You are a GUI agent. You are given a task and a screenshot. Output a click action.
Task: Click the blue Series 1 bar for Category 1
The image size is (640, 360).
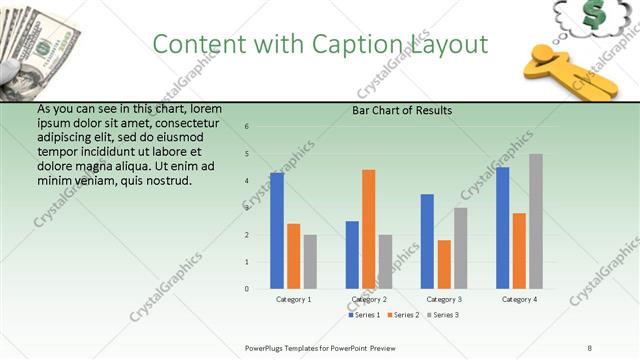pos(277,231)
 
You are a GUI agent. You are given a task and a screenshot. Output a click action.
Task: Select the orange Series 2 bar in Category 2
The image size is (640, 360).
pos(369,229)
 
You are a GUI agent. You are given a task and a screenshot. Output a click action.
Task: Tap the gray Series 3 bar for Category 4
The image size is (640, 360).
pos(536,221)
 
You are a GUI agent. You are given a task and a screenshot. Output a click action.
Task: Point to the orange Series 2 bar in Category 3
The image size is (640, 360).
pos(444,264)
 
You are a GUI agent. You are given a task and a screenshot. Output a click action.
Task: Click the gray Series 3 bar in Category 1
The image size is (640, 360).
pos(310,262)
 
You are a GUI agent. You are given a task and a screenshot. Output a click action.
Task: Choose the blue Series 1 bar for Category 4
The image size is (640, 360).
pos(503,228)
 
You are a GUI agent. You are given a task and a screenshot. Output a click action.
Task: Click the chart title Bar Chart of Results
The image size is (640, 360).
pos(402,110)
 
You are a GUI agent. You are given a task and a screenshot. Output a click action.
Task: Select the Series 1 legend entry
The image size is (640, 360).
pos(364,315)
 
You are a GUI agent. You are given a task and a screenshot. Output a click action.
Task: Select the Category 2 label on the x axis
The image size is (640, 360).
pos(369,299)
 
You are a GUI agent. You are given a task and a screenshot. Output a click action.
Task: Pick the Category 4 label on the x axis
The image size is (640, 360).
pos(519,299)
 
